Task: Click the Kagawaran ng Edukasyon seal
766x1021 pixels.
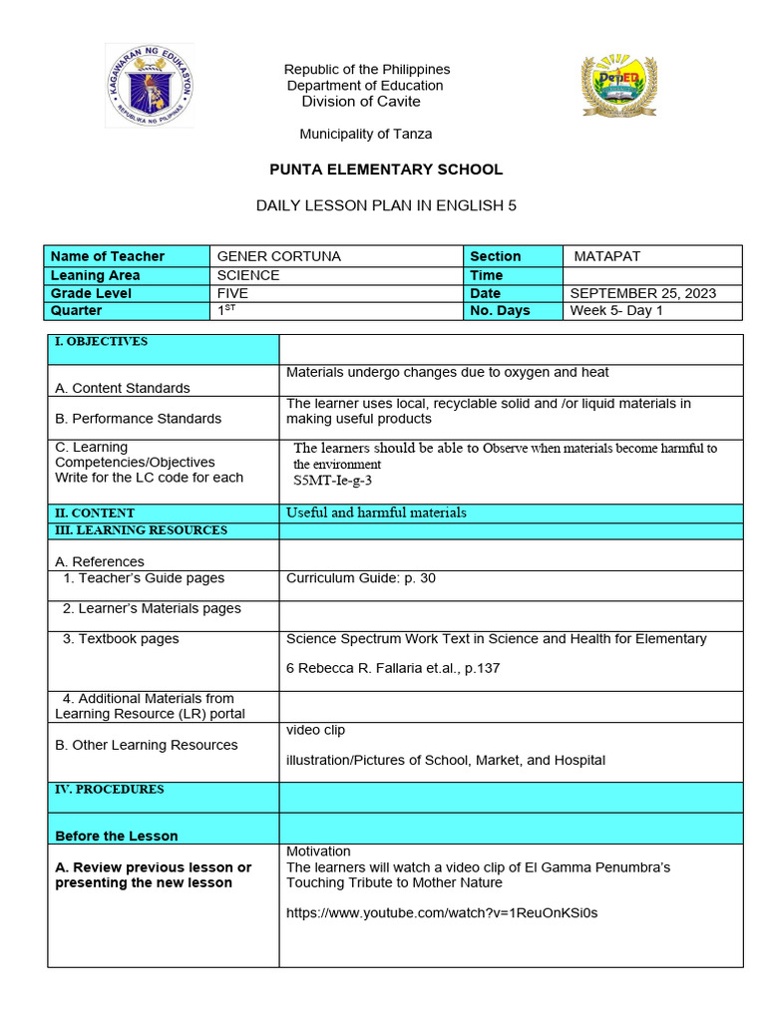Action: pyautogui.click(x=149, y=86)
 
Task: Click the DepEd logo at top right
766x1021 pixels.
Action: pyautogui.click(x=619, y=87)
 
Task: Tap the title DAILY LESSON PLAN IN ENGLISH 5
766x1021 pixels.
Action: pyautogui.click(x=387, y=205)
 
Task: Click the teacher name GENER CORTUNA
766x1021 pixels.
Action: pyautogui.click(x=278, y=256)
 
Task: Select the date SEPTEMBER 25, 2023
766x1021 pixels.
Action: pyautogui.click(x=642, y=293)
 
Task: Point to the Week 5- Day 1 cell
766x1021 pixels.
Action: pyautogui.click(x=616, y=310)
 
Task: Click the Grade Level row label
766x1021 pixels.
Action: pyautogui.click(x=91, y=293)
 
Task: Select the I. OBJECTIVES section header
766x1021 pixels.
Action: pyautogui.click(x=101, y=342)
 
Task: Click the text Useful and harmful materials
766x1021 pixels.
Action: pyautogui.click(x=376, y=512)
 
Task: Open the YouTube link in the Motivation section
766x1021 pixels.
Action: pyautogui.click(x=442, y=912)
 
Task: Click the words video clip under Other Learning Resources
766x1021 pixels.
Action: pyautogui.click(x=315, y=730)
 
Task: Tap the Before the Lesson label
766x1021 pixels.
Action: pyautogui.click(x=117, y=836)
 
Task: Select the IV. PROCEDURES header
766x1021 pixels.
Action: pyautogui.click(x=109, y=790)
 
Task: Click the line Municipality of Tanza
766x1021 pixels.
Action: pyautogui.click(x=366, y=134)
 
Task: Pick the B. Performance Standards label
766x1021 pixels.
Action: pyautogui.click(x=138, y=419)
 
